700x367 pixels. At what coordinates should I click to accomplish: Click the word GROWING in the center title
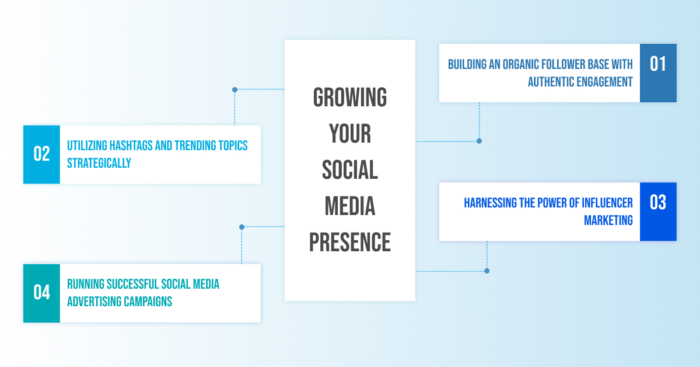349,98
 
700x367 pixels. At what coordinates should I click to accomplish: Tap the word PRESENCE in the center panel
349,242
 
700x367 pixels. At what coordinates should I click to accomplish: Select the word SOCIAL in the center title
349,169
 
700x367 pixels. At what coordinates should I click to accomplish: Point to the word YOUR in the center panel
349,133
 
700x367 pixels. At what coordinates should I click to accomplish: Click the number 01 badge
658,73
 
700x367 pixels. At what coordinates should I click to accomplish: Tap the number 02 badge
41,154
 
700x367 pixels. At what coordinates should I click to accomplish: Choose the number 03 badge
658,212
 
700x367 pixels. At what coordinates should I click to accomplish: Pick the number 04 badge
41,293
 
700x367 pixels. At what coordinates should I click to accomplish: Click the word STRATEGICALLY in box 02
99,163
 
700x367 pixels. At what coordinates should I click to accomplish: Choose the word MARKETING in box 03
608,220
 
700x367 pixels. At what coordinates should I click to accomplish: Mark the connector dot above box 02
235,90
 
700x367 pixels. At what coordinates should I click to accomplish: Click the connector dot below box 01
479,141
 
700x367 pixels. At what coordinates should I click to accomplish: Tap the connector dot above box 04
242,227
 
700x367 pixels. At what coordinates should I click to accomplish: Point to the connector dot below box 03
487,271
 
